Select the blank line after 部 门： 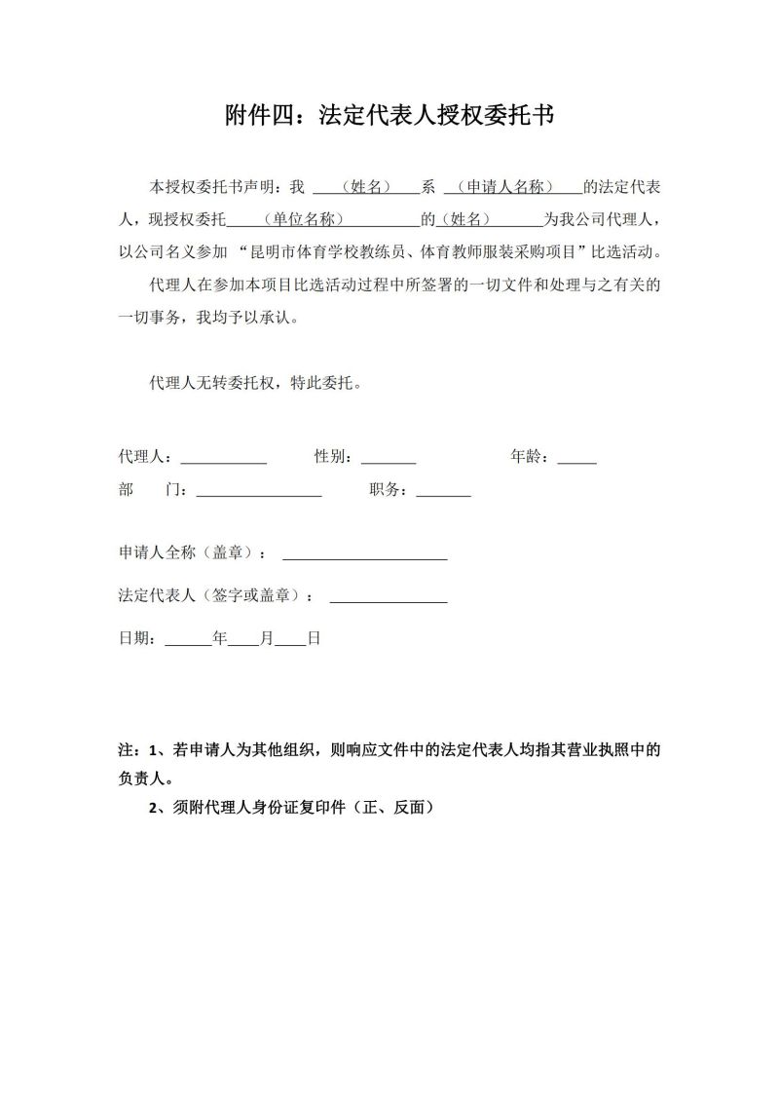click(259, 493)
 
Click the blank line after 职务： click(443, 493)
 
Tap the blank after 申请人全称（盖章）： click(364, 554)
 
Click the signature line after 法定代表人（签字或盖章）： click(389, 597)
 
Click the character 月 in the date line click(267, 639)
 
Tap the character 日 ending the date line click(314, 639)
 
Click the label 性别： click(336, 455)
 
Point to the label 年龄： click(533, 455)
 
